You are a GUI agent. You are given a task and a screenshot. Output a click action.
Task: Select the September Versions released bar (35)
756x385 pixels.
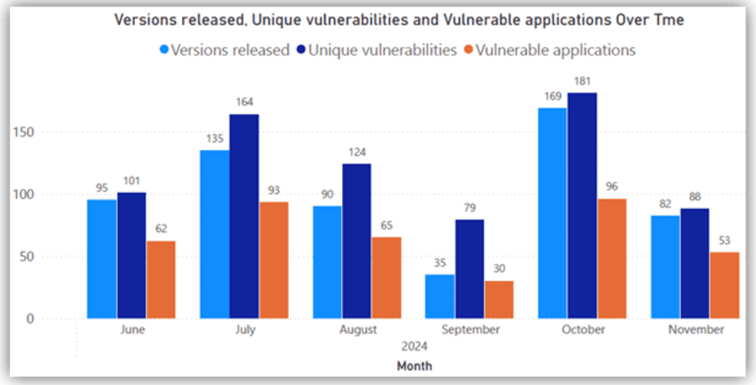[440, 296]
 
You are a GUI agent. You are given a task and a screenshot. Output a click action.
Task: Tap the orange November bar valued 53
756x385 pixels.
[724, 285]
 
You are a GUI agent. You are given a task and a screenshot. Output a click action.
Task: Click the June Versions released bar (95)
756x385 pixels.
[102, 259]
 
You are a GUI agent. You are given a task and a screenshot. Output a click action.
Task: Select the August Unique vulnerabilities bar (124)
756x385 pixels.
[356, 241]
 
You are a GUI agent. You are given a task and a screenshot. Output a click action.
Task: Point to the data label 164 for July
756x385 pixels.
[244, 102]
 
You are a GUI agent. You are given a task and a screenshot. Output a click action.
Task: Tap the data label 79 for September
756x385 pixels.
[470, 209]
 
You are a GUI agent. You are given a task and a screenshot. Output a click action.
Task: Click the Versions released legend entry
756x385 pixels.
[225, 50]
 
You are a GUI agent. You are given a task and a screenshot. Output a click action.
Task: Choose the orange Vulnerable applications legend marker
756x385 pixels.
[468, 50]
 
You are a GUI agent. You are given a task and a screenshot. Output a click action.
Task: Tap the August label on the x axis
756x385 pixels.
[357, 330]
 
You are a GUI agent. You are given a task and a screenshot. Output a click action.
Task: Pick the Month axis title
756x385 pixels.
[414, 366]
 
